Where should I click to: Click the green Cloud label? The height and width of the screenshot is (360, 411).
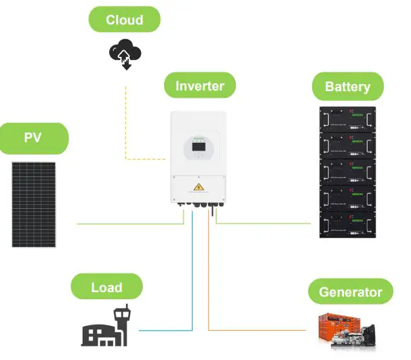point(124,19)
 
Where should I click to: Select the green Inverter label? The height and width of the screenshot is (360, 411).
point(200,85)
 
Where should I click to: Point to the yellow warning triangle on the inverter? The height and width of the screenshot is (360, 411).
point(198,188)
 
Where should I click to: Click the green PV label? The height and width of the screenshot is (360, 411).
point(33,138)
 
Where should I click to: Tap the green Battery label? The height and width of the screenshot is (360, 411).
point(348,86)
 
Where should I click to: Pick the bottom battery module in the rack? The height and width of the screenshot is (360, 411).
point(348,224)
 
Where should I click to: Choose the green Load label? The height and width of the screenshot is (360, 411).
point(107,287)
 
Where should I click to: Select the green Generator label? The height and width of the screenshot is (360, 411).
point(350,292)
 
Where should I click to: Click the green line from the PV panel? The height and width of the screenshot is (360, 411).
point(129,224)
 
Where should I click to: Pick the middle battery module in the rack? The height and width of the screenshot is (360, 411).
point(348,171)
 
